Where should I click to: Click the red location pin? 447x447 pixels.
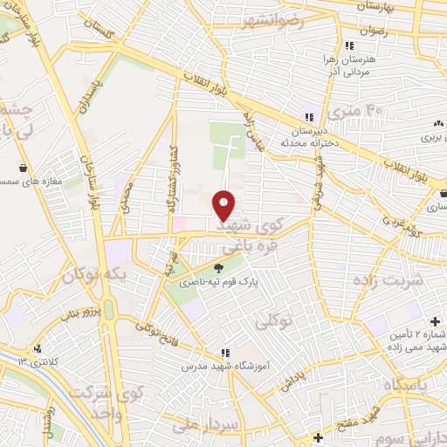pos(224,204)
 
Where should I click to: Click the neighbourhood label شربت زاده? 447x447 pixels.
pos(387,280)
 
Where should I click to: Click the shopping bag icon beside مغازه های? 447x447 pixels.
pos(23,168)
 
